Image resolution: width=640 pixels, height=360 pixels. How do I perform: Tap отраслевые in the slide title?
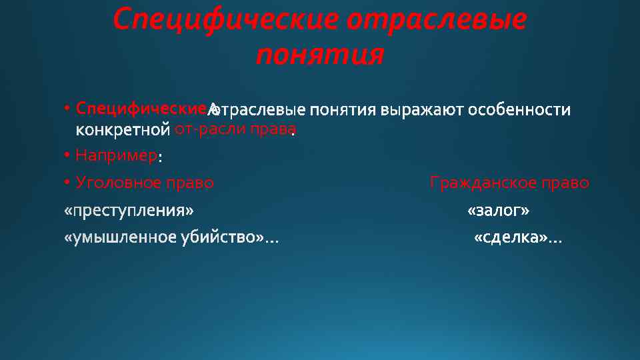click(437, 20)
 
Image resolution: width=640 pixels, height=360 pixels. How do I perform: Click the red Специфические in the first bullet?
click(143, 108)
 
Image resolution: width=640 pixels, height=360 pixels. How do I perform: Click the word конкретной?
click(123, 129)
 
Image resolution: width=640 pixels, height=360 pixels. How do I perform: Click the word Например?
click(116, 156)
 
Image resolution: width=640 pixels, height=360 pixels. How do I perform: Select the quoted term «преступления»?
click(129, 211)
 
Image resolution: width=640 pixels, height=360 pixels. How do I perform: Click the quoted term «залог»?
click(499, 211)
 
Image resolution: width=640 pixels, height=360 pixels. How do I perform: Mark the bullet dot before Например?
click(68, 155)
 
